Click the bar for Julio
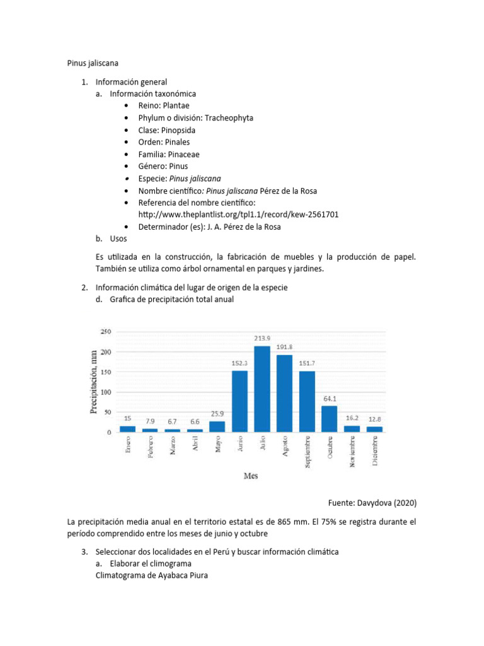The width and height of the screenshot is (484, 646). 262,389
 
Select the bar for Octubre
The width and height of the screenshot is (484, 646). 330,419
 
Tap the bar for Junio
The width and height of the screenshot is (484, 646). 239,401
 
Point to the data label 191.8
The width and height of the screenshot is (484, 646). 284,347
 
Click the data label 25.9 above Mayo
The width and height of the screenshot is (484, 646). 217,413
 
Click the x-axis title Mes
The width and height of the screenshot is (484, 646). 250,476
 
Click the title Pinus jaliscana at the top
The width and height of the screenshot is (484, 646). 93,63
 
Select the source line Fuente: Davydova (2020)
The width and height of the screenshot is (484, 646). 372,503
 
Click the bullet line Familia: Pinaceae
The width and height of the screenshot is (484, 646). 169,154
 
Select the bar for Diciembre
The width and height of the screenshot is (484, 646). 374,429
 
